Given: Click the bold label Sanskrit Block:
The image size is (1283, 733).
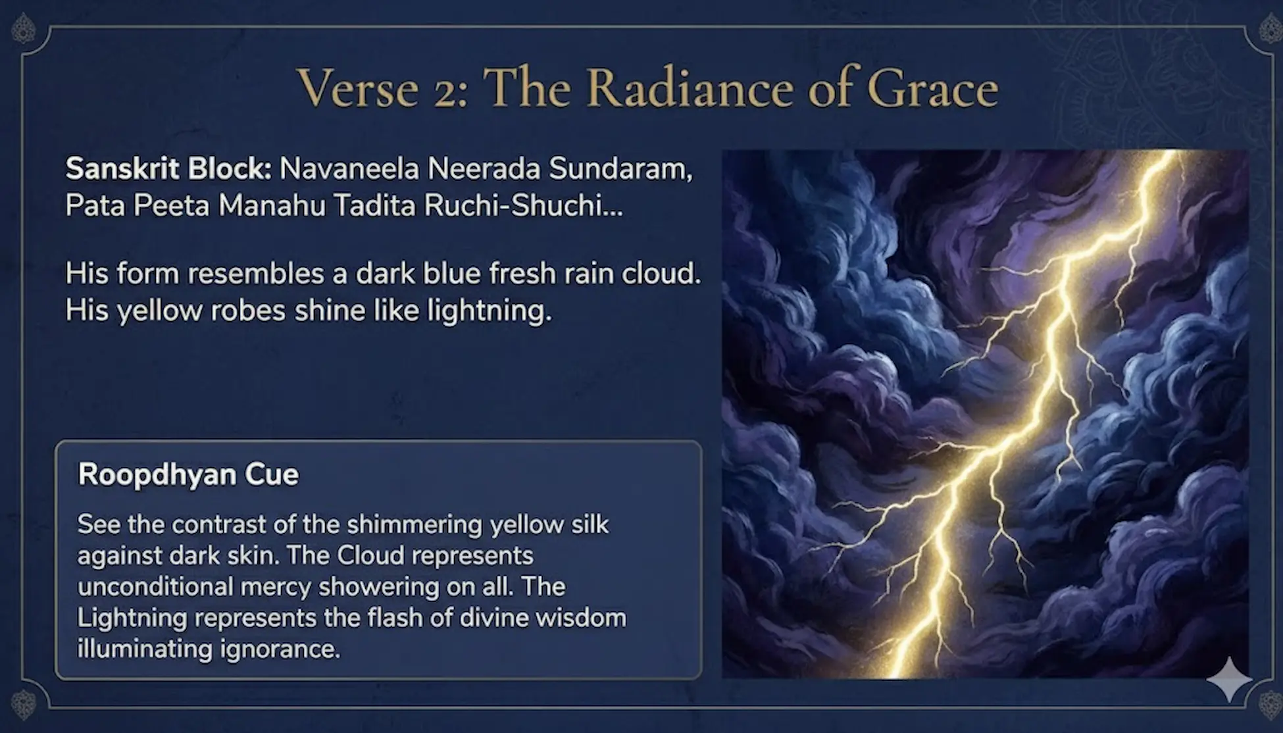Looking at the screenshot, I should [x=168, y=169].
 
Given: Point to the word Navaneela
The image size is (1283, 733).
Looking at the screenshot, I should [x=349, y=169].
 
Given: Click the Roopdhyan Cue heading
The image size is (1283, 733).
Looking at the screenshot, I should [x=188, y=474].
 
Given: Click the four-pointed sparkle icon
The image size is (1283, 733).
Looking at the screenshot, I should [x=1228, y=679].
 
